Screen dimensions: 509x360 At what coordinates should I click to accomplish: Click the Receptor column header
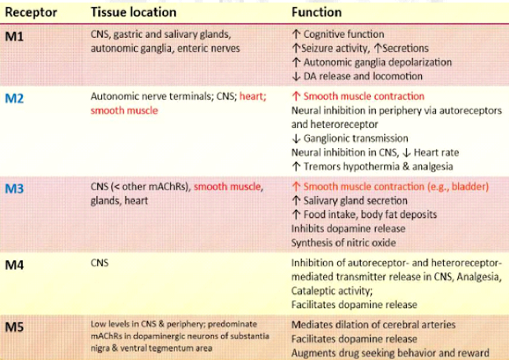point(31,13)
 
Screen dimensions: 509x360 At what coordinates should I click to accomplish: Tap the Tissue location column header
point(133,13)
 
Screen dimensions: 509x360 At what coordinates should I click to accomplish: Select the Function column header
point(317,13)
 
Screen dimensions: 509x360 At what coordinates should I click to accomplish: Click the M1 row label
point(14,37)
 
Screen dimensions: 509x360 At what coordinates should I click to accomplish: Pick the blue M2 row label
point(14,98)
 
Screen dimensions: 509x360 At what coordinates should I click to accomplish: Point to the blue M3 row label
point(14,188)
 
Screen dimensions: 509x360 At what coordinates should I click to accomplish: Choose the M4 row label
point(14,265)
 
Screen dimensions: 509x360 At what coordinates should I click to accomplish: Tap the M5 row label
point(14,327)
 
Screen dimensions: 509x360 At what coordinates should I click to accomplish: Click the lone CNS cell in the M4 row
point(100,263)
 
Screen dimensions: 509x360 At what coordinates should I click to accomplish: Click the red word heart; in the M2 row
point(253,96)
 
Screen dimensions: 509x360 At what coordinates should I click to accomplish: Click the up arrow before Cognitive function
point(296,34)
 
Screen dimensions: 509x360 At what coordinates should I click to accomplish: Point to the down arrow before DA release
point(296,76)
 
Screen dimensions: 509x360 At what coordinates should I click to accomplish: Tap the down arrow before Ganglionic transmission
point(296,139)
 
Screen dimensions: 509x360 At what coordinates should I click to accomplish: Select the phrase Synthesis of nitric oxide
point(344,243)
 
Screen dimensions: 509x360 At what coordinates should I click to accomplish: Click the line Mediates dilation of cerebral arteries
point(373,325)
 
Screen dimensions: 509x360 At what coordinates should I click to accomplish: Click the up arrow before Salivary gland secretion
point(296,201)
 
